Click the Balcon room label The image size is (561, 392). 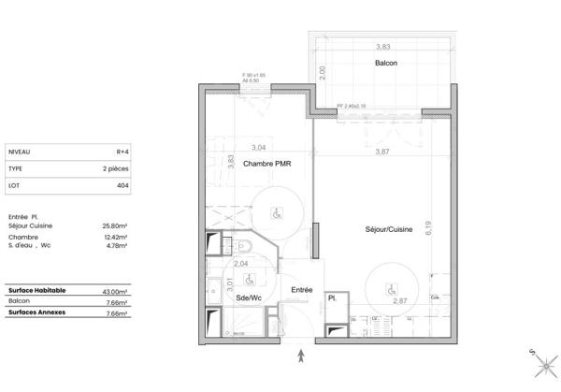point(385,63)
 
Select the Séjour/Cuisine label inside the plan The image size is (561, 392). point(389,228)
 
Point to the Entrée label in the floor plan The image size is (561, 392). point(301,290)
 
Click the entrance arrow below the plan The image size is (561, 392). point(301,355)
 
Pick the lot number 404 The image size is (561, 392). point(122,186)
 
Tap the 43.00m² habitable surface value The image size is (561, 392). point(115,292)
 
